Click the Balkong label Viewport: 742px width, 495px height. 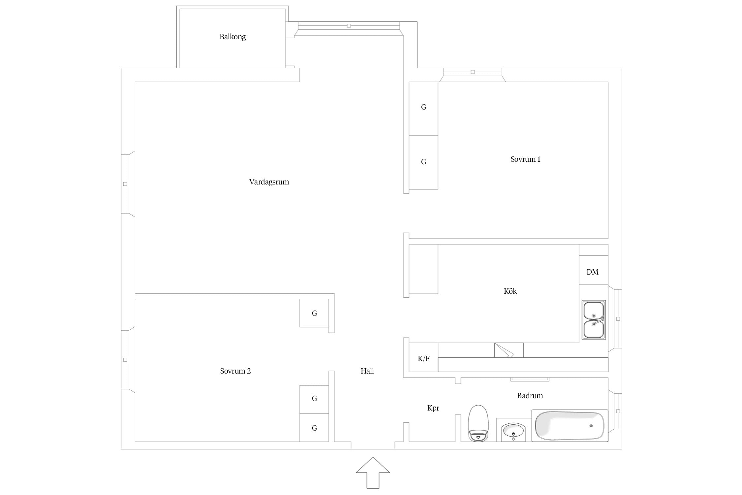tap(232, 37)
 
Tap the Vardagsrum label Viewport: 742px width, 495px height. tap(269, 182)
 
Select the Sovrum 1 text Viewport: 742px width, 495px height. tap(525, 159)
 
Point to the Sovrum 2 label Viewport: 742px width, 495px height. tap(235, 371)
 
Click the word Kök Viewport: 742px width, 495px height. tap(510, 291)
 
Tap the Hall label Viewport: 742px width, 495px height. tap(367, 371)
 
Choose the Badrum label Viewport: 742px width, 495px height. tap(530, 396)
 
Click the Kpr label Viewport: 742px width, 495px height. tap(433, 408)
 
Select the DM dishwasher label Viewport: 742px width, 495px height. tap(592, 272)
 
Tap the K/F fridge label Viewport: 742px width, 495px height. tap(423, 358)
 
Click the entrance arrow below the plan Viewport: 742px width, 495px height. tap(373, 473)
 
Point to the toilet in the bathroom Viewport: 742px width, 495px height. tap(478, 423)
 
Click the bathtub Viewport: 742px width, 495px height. tap(570, 426)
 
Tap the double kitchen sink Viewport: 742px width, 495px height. tap(594, 320)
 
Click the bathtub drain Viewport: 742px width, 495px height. tap(591, 426)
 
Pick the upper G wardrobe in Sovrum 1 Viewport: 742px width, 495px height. tap(423, 109)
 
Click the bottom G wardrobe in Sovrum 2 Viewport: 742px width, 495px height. tap(314, 428)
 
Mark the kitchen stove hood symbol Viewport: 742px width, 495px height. tap(509, 350)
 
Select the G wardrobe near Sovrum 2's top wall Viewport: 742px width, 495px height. tap(314, 313)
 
